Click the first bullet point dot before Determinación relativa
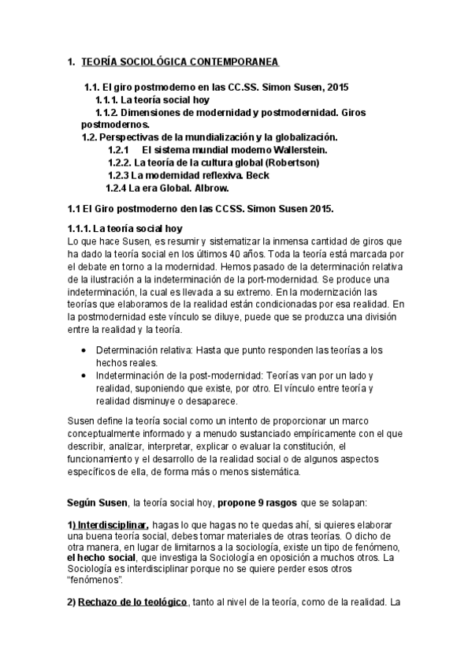(85, 349)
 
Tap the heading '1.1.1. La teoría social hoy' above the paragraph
(125, 228)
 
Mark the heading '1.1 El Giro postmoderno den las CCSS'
(200, 209)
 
